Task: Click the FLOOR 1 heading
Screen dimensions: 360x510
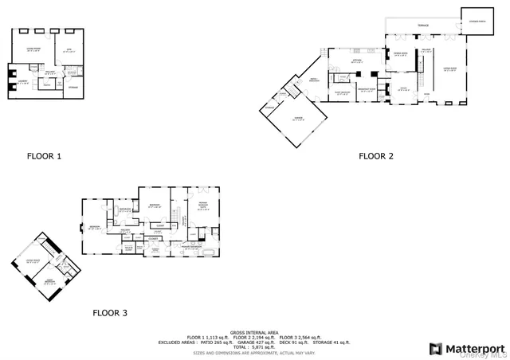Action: click(x=44, y=156)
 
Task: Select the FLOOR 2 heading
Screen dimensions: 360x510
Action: click(x=376, y=156)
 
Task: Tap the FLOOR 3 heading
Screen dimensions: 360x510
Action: click(x=110, y=313)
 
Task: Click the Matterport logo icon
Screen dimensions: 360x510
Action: click(x=436, y=348)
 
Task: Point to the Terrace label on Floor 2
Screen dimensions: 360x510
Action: click(x=422, y=25)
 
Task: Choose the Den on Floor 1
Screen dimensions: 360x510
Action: click(x=69, y=50)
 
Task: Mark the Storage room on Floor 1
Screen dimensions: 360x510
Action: click(x=73, y=87)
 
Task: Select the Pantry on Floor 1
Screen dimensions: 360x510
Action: click(x=48, y=84)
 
